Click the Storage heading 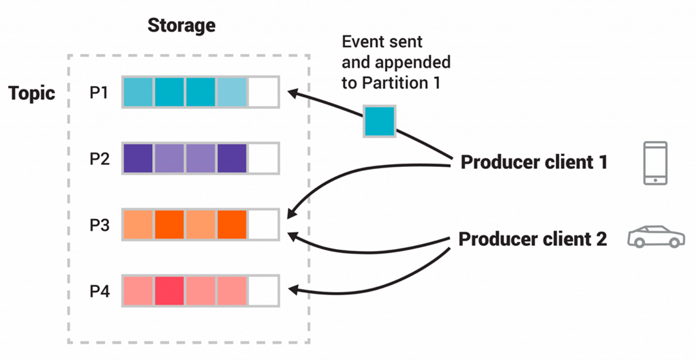coord(181,25)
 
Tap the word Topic coord(31,93)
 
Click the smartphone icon coord(654,162)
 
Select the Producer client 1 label coord(534,162)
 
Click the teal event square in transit coord(379,121)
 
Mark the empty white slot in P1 coord(263,92)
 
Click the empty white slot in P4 coord(263,290)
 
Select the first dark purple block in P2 coord(138,158)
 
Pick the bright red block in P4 coord(169,290)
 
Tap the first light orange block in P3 coord(138,224)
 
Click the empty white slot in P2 coord(263,158)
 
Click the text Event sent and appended coord(396,53)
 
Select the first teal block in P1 coord(138,92)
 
